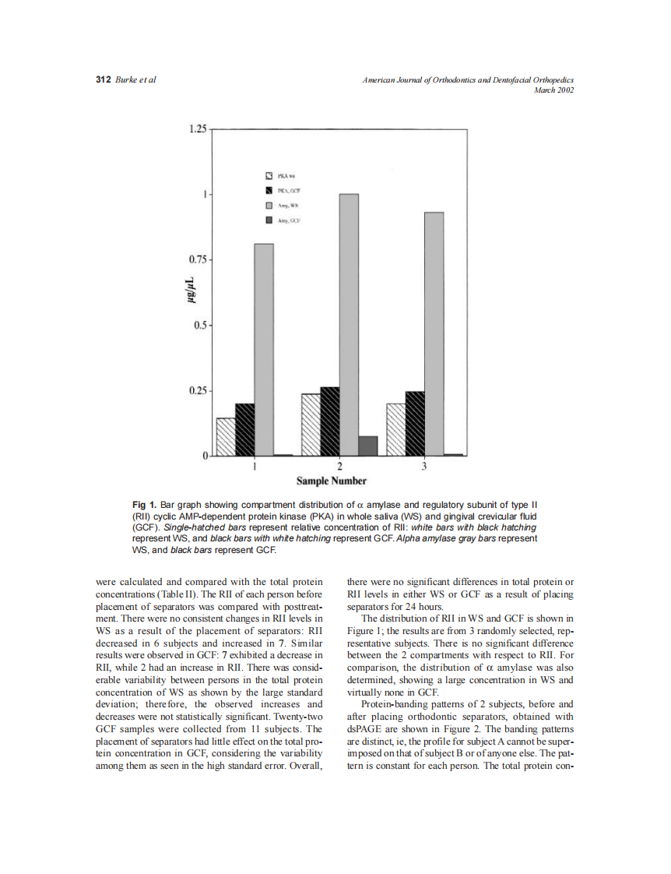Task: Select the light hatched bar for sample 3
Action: click(395, 429)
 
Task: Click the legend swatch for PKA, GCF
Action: click(269, 190)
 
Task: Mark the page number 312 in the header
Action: click(103, 80)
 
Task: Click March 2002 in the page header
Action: click(553, 90)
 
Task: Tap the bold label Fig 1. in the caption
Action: click(145, 505)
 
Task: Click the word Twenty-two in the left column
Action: click(301, 716)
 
